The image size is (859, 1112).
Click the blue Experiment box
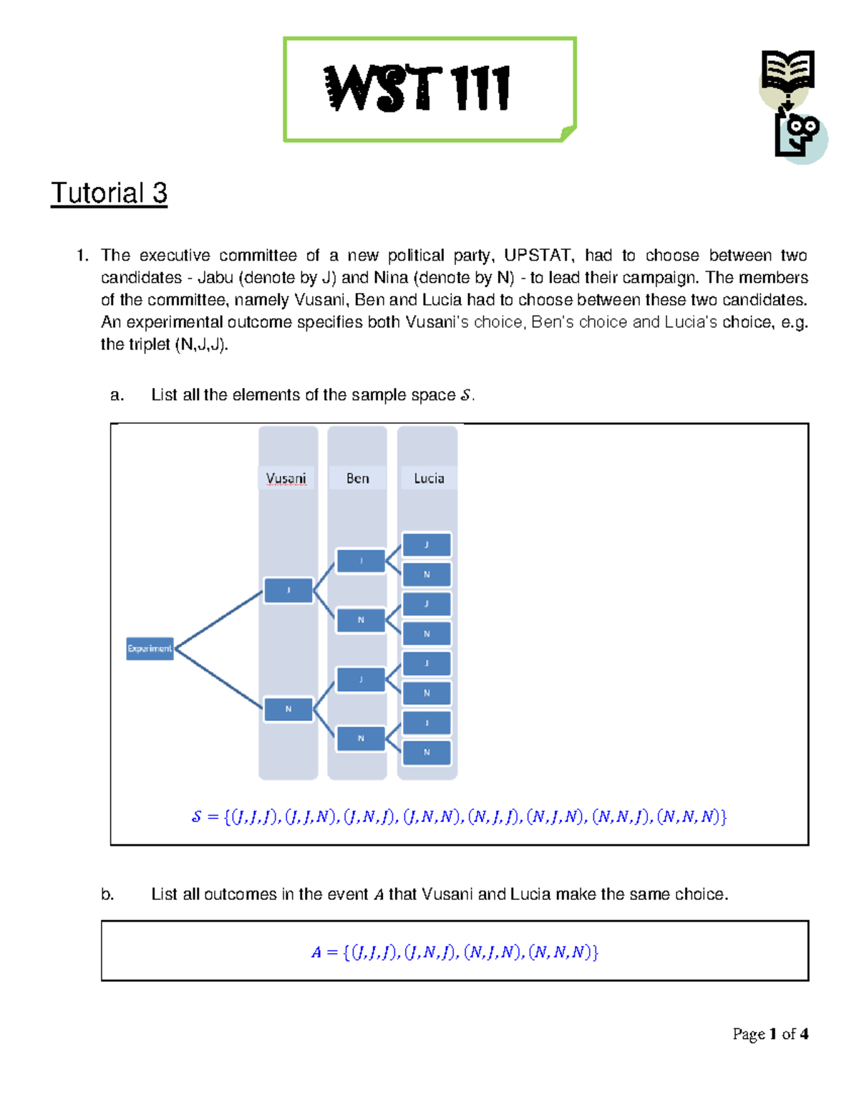(150, 648)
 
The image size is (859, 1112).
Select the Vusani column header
(286, 478)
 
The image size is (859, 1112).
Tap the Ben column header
(357, 478)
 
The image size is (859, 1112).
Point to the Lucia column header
(429, 478)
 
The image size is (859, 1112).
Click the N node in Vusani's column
(288, 709)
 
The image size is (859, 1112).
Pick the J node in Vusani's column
(288, 591)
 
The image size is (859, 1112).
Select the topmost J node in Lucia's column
(427, 545)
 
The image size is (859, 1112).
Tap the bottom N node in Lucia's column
(427, 753)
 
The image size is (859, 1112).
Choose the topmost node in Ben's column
(361, 561)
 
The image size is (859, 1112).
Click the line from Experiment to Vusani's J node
(218, 619)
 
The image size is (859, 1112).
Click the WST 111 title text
(417, 89)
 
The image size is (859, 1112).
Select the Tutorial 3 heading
(109, 193)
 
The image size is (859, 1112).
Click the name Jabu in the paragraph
(215, 278)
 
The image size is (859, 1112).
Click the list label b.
(107, 894)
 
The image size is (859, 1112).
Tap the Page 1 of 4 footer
(770, 1034)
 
